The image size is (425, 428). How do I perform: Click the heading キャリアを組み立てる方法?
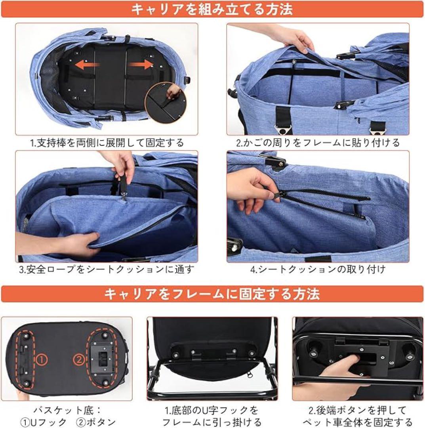pyautogui.click(x=212, y=9)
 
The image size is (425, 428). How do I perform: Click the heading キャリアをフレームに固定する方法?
pyautogui.click(x=212, y=294)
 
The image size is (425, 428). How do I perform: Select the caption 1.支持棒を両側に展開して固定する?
pyautogui.click(x=107, y=142)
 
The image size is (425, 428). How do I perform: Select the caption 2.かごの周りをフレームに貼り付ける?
pyautogui.click(x=318, y=142)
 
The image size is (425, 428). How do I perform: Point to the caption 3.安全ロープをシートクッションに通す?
pyautogui.click(x=107, y=270)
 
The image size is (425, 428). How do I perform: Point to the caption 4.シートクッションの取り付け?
pyautogui.click(x=318, y=270)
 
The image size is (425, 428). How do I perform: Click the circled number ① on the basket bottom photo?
pyautogui.click(x=42, y=360)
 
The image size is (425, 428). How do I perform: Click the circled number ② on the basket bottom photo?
pyautogui.click(x=79, y=359)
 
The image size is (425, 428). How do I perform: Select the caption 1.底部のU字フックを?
pyautogui.click(x=212, y=410)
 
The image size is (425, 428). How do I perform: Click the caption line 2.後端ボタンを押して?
pyautogui.click(x=358, y=410)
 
